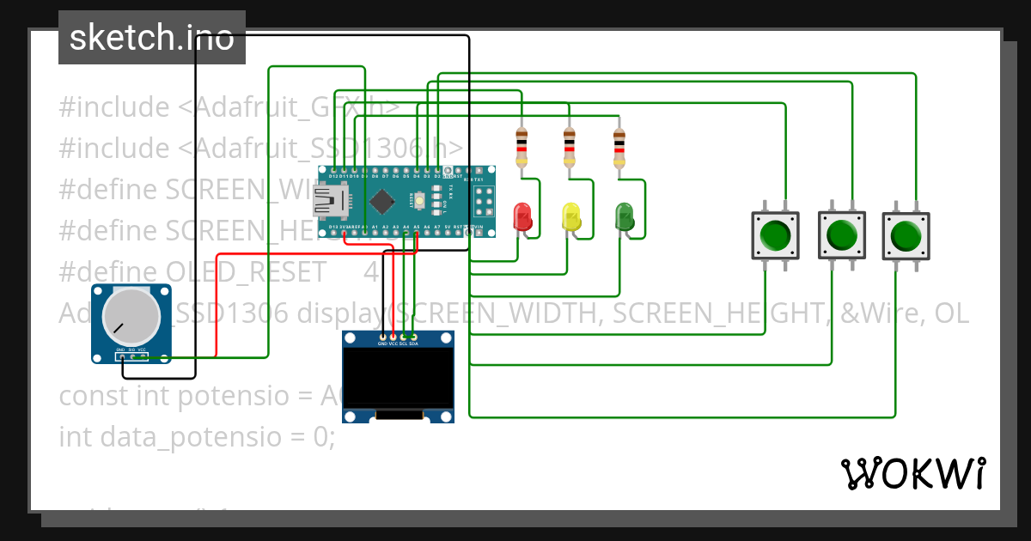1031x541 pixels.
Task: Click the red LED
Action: click(x=522, y=216)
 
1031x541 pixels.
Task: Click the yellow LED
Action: click(x=570, y=216)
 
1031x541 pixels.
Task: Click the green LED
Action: click(x=624, y=216)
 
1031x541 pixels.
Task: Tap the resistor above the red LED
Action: click(x=522, y=148)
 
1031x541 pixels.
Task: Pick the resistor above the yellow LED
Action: click(x=570, y=148)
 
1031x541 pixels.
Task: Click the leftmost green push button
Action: click(x=775, y=235)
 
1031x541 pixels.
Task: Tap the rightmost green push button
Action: click(x=906, y=235)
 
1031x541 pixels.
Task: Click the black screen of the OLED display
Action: click(x=398, y=377)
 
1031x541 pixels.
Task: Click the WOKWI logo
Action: click(x=912, y=473)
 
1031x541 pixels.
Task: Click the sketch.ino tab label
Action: click(x=152, y=38)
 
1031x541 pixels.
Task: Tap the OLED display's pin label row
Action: click(x=398, y=343)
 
